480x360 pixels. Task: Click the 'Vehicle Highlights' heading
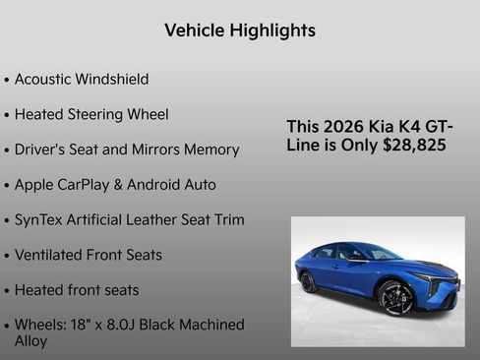tap(240, 30)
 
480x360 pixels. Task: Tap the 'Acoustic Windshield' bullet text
tap(82, 79)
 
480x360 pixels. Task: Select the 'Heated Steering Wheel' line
tap(91, 114)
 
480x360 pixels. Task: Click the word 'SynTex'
tap(40, 219)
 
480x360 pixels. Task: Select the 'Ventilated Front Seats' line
tap(89, 255)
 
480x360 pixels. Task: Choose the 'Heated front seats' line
tap(77, 290)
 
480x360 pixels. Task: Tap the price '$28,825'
tap(414, 145)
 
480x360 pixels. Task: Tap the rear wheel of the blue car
tap(310, 281)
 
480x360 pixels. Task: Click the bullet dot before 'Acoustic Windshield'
tap(8, 80)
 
